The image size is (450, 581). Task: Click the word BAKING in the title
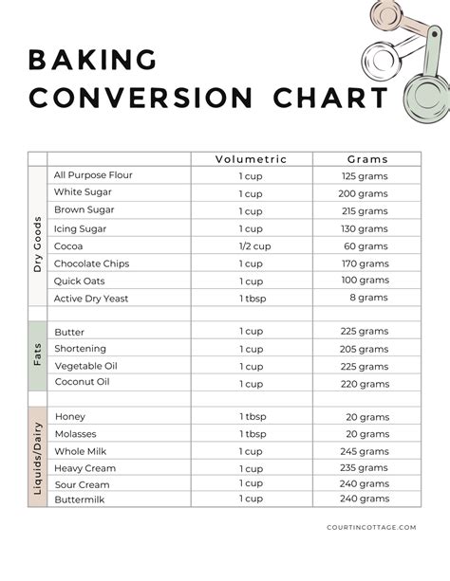click(x=92, y=61)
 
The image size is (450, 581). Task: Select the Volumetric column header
click(x=251, y=159)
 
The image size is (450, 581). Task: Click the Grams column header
click(x=366, y=159)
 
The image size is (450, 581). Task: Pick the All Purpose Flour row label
click(x=93, y=175)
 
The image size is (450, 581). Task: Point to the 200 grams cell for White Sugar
click(x=365, y=193)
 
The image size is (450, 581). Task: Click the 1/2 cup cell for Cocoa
click(x=251, y=245)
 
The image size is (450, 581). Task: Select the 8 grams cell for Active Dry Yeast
click(x=369, y=298)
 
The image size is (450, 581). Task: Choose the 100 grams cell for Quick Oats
click(x=365, y=281)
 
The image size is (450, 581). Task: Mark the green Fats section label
click(x=38, y=357)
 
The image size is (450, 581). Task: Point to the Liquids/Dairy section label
click(x=38, y=458)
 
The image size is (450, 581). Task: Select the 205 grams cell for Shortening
click(x=365, y=349)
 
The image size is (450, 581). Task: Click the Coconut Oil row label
click(x=83, y=382)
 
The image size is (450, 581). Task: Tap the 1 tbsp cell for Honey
click(x=251, y=417)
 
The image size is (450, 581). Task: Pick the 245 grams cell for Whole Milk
click(x=365, y=451)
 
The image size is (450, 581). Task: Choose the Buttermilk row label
click(x=83, y=499)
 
